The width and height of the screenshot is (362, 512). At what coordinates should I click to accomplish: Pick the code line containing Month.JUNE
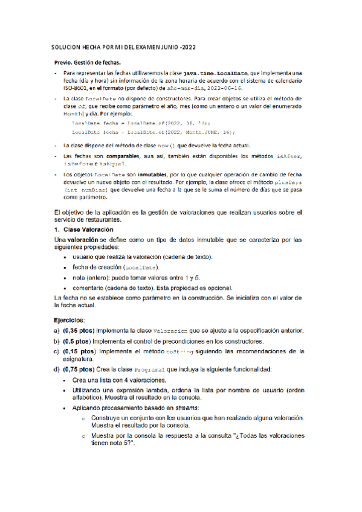coord(153,131)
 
